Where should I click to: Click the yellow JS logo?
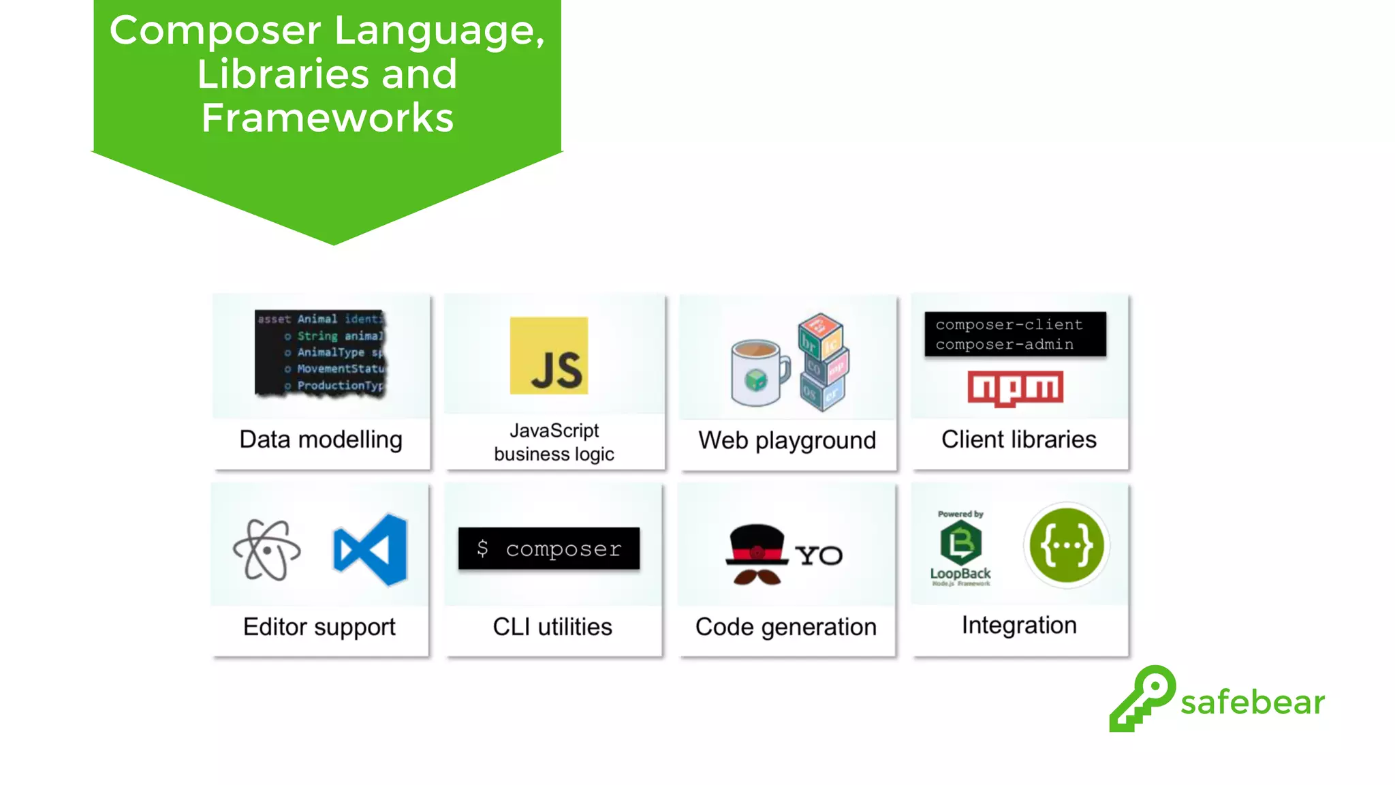[548, 355]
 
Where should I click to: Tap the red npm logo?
[1015, 388]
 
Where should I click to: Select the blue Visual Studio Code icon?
[371, 549]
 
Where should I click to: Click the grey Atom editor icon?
[266, 550]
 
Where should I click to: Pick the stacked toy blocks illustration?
[823, 362]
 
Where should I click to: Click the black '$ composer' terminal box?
[549, 548]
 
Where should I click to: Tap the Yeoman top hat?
[757, 544]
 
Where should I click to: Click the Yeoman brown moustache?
[757, 577]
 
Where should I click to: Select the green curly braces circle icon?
[1066, 545]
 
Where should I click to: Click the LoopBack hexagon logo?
[960, 543]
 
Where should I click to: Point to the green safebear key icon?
[1142, 698]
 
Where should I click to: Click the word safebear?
[1252, 703]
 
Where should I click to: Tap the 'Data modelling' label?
[321, 440]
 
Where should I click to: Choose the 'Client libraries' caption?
[1019, 440]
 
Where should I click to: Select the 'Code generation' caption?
[785, 627]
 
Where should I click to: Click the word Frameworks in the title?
[328, 118]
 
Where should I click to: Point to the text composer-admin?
[1004, 345]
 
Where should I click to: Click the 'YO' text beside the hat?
[819, 555]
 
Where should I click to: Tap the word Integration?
[1019, 626]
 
